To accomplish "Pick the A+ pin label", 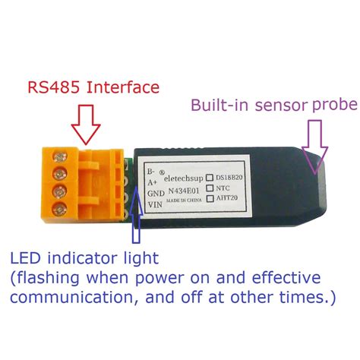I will tap(150, 183).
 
